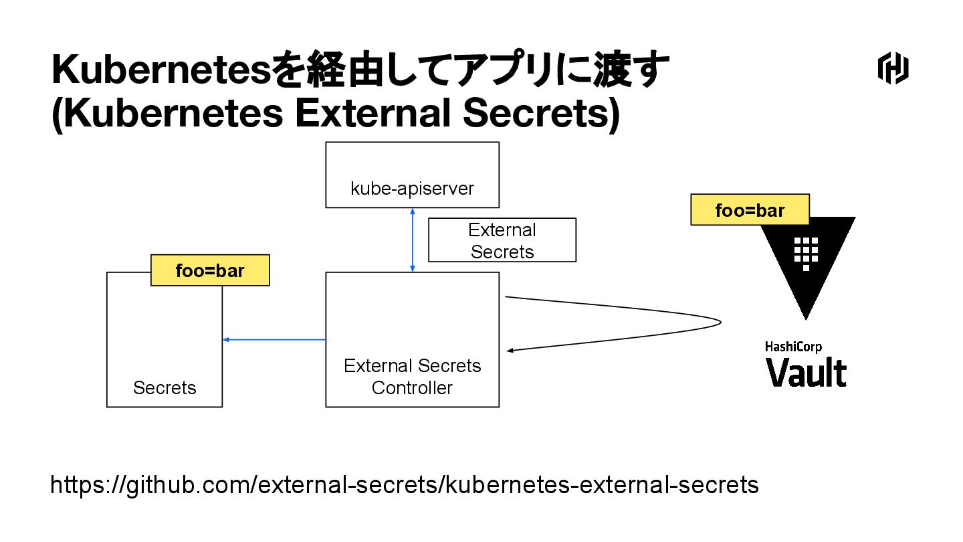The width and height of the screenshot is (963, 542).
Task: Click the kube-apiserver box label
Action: pyautogui.click(x=412, y=189)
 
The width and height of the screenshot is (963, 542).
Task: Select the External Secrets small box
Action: pyautogui.click(x=502, y=240)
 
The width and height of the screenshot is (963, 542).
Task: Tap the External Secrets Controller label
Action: pyautogui.click(x=412, y=377)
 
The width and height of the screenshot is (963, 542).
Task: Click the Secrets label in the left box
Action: pyautogui.click(x=165, y=388)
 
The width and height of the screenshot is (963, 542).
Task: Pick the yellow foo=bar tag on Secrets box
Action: pyautogui.click(x=210, y=270)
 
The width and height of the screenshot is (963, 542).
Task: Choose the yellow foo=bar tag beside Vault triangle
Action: pyautogui.click(x=750, y=210)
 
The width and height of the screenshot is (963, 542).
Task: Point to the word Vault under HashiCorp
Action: pyautogui.click(x=806, y=372)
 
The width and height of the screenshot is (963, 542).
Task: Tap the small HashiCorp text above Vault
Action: pyautogui.click(x=793, y=347)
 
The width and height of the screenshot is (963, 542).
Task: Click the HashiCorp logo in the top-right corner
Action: pyautogui.click(x=893, y=70)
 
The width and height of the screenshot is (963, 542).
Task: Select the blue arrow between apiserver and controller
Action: pyautogui.click(x=413, y=240)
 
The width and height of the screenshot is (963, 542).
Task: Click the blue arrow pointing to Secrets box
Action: pyautogui.click(x=274, y=340)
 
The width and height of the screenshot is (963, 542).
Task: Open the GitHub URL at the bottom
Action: pyautogui.click(x=405, y=485)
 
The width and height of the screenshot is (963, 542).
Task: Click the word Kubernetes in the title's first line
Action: pyautogui.click(x=160, y=70)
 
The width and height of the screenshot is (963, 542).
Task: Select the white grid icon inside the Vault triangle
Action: pyautogui.click(x=807, y=250)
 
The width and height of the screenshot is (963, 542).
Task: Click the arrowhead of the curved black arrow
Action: pyautogui.click(x=511, y=350)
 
